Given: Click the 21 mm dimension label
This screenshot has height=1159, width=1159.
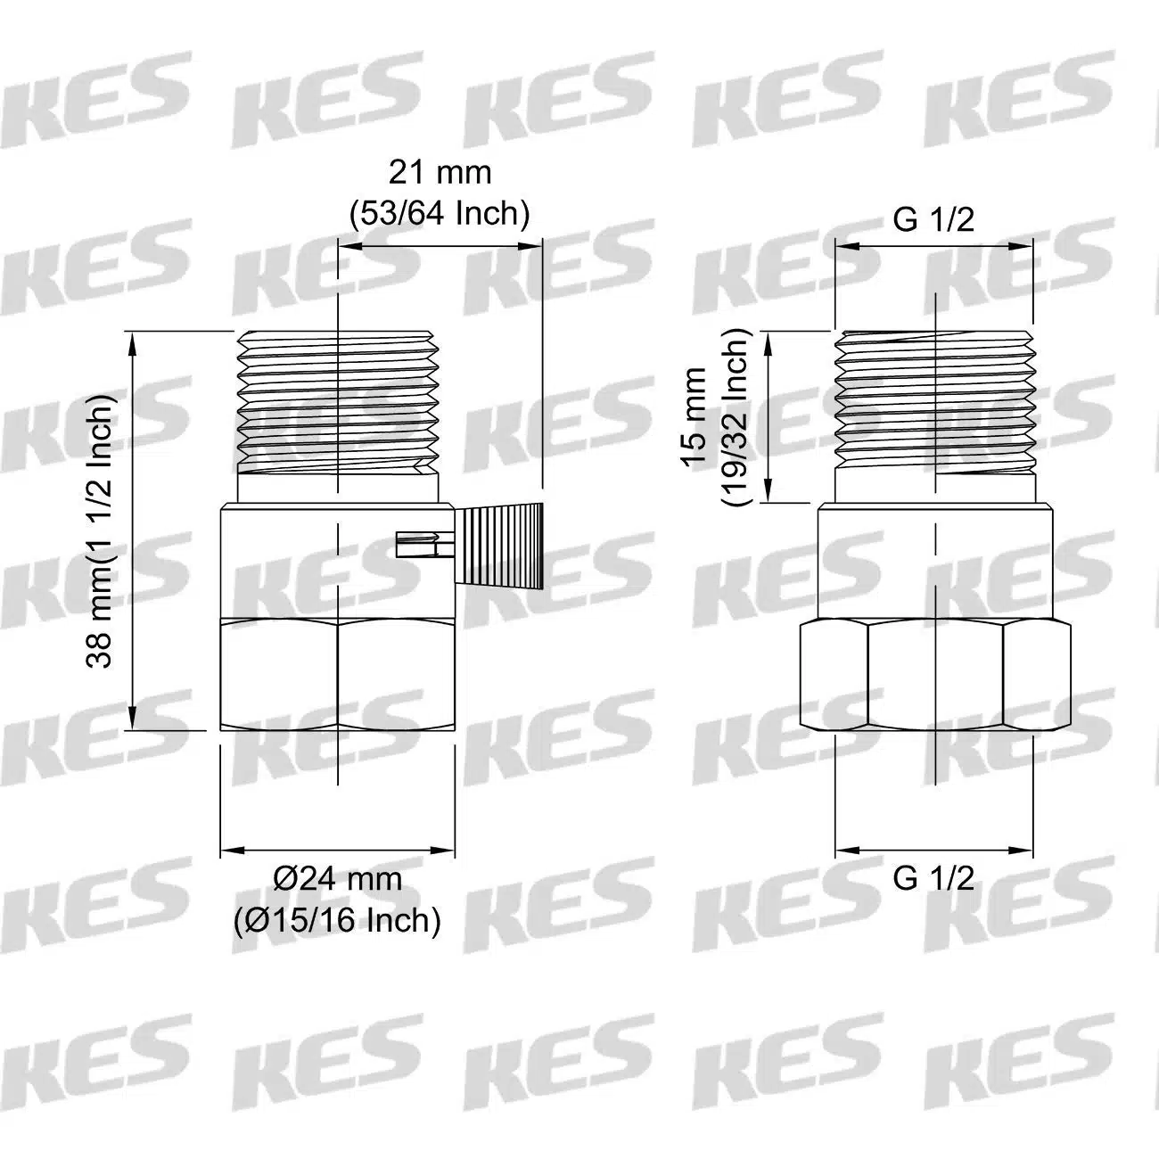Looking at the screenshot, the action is point(440,173).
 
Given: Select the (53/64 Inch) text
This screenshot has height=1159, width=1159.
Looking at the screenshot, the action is point(440,213).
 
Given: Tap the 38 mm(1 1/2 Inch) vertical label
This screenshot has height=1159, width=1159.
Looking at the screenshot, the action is point(99,531).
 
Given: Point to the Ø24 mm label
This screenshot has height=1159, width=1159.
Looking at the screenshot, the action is point(337,879).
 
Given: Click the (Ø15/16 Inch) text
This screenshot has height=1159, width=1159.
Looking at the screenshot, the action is point(337,920).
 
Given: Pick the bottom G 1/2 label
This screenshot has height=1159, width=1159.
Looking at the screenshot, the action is point(933,879).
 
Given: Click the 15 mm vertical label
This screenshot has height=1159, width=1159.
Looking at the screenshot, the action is point(694,415).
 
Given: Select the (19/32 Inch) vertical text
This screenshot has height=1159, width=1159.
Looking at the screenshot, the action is point(736,417).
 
